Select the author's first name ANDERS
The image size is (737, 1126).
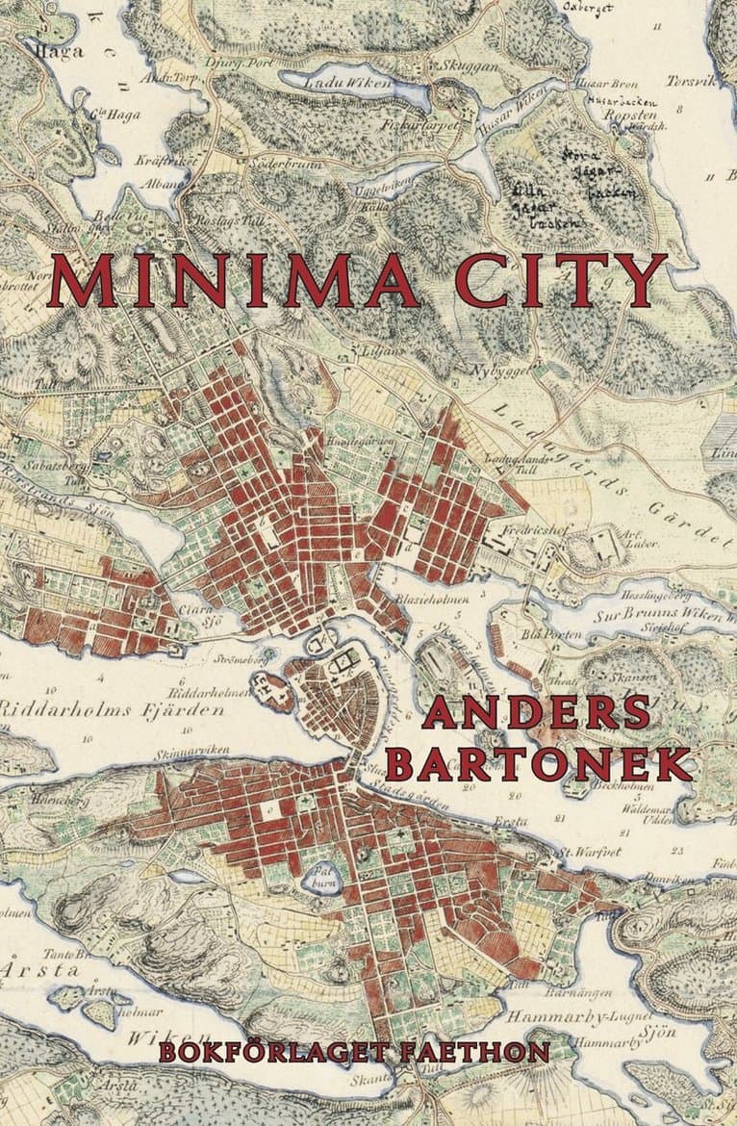click(x=536, y=713)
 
